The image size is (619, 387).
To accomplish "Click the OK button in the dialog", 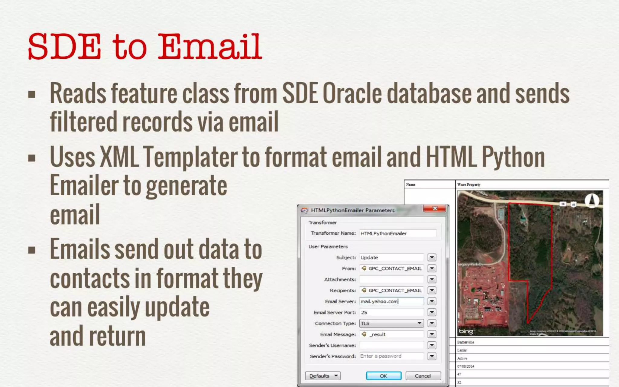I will coord(384,376).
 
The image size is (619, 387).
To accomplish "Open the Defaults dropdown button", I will coord(322,376).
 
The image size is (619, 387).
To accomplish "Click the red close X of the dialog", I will coord(435,209).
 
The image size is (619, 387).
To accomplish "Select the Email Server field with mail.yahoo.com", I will coord(391,301).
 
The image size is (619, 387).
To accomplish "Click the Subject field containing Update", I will coord(391,258).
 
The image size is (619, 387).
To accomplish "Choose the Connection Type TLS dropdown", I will coord(391,324).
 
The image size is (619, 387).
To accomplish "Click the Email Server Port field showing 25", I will coord(391,313).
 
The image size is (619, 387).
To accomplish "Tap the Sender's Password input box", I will coord(391,356).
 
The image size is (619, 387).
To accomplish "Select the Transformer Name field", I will coord(397,233).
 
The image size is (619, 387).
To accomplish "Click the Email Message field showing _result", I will coord(391,334).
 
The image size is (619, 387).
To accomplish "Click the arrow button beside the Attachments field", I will coord(432,279).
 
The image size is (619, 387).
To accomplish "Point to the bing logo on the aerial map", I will coord(466,331).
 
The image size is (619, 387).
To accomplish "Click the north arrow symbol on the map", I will coord(592,200).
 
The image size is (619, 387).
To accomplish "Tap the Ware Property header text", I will coord(469,184).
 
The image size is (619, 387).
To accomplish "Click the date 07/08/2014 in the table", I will coord(466,366).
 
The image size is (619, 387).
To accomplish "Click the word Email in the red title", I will coord(209,47).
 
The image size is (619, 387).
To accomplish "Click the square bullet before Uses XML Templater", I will coord(32,158).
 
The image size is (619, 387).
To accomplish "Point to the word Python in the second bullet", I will coord(513,157).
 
